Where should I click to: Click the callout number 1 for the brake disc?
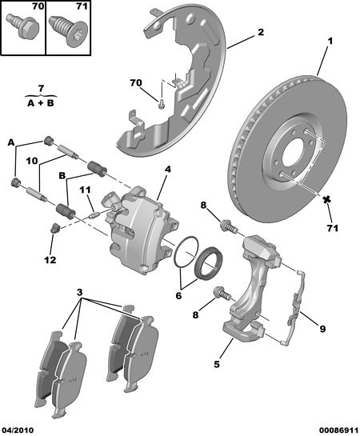coord(330,41)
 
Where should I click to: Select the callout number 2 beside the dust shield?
coord(260,32)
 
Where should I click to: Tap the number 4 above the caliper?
coord(168,169)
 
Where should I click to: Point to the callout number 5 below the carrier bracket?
coord(217,364)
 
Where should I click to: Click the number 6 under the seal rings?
coord(178,295)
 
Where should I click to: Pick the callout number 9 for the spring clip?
coord(322,329)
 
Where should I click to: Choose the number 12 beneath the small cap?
coord(50,260)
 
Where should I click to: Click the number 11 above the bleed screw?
coord(85,190)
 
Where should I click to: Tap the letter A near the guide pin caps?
coord(11,143)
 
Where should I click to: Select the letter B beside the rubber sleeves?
coord(62,176)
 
